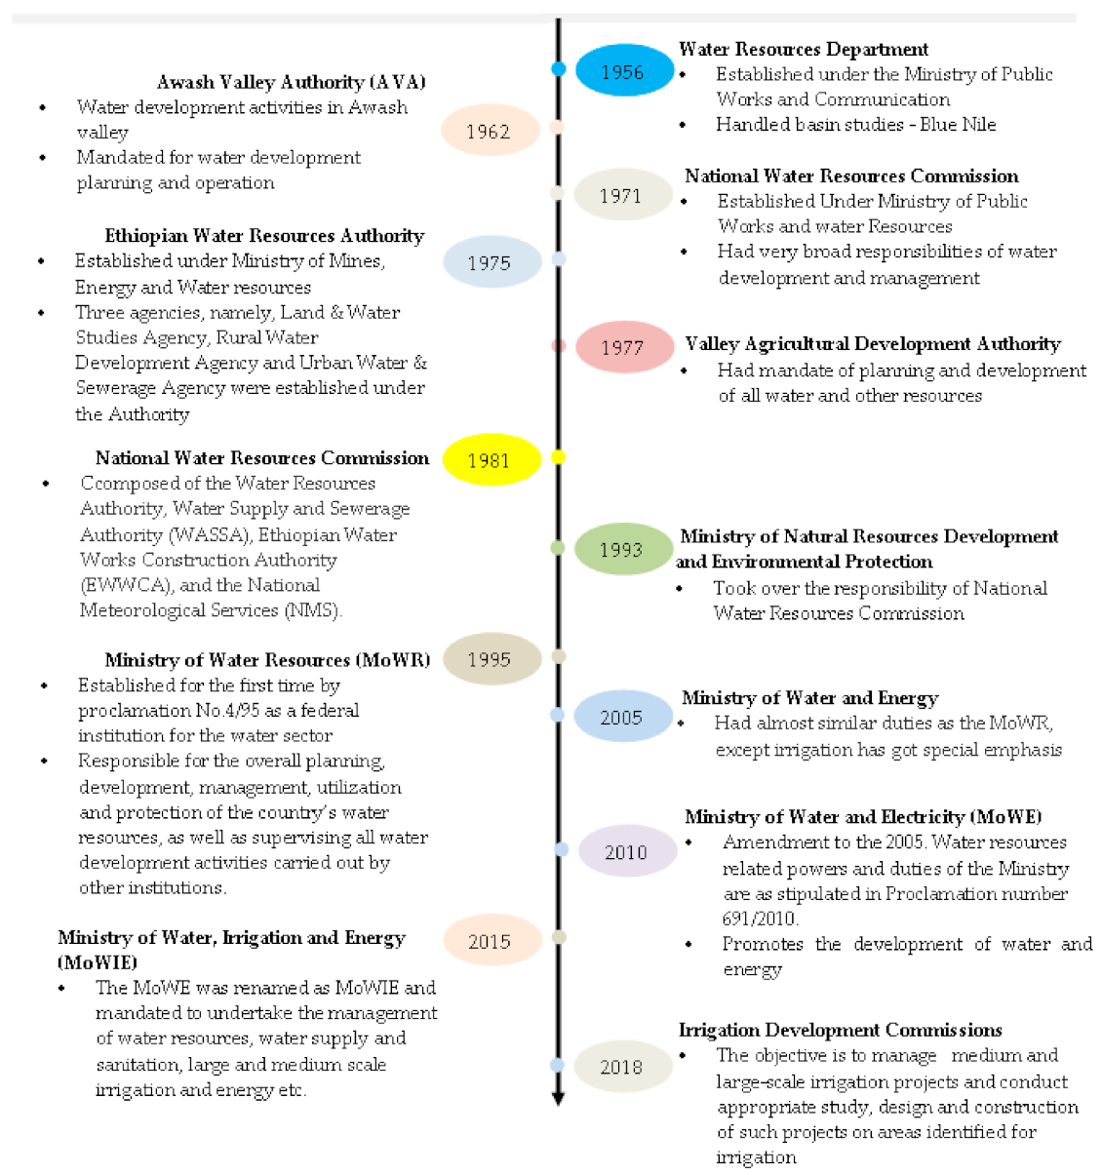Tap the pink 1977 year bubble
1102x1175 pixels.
(x=623, y=347)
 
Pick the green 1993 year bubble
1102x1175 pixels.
(x=622, y=549)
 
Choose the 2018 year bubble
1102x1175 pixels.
(x=622, y=1066)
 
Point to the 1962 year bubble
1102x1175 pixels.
(x=489, y=131)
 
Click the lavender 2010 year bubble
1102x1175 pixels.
(x=626, y=851)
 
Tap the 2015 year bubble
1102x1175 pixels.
(x=490, y=941)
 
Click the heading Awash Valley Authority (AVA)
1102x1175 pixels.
(x=291, y=83)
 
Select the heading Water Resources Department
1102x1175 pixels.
(x=804, y=49)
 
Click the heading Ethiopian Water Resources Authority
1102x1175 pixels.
(x=264, y=236)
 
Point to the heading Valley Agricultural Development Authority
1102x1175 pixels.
(x=873, y=344)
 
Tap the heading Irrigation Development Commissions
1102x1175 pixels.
(x=841, y=1031)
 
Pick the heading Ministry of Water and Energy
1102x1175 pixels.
(x=809, y=698)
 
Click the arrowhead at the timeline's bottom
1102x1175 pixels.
(x=559, y=1099)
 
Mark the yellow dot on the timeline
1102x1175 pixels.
(x=559, y=456)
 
